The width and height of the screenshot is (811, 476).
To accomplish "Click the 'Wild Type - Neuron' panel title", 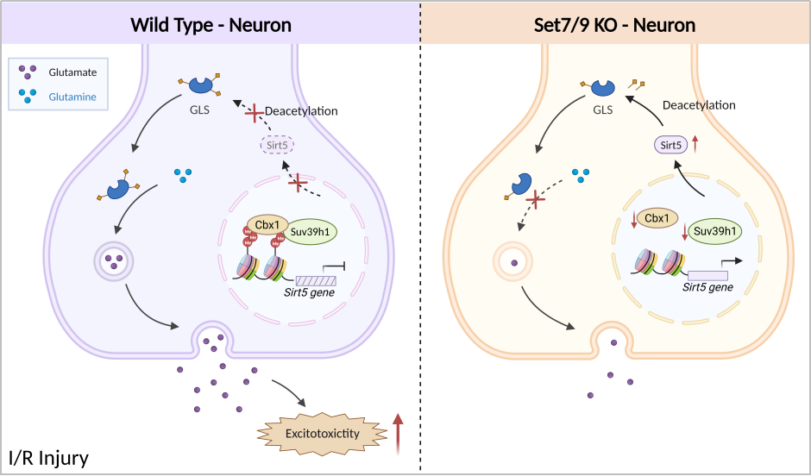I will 211,24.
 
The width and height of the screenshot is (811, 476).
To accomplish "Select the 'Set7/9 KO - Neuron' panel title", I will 615,24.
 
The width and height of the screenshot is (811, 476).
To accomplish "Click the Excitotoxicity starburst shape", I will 322,434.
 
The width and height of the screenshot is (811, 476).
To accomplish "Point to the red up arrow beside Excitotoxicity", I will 398,433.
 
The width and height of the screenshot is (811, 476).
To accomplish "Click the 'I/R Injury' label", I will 49,457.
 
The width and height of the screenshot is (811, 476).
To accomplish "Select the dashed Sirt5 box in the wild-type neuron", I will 277,145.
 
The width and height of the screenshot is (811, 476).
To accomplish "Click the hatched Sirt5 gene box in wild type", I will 316,279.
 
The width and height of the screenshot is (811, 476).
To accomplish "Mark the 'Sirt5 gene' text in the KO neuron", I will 707,287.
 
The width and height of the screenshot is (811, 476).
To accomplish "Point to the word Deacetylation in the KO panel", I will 699,105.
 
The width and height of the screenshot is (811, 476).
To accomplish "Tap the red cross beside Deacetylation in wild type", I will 254,113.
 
